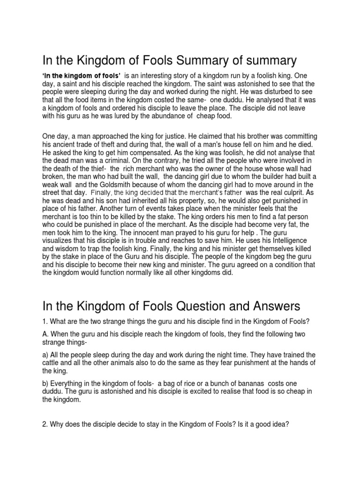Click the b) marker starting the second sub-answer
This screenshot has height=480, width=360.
pos(46,384)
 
